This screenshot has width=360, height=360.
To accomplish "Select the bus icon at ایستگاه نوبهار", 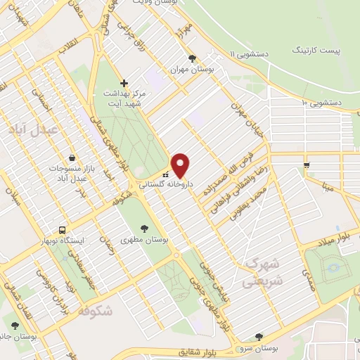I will click(x=63, y=230).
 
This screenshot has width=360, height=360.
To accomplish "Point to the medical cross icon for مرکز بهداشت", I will click(x=124, y=82).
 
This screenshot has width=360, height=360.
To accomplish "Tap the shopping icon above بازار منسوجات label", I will click(x=71, y=158).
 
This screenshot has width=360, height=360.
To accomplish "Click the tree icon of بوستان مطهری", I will click(x=145, y=229).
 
